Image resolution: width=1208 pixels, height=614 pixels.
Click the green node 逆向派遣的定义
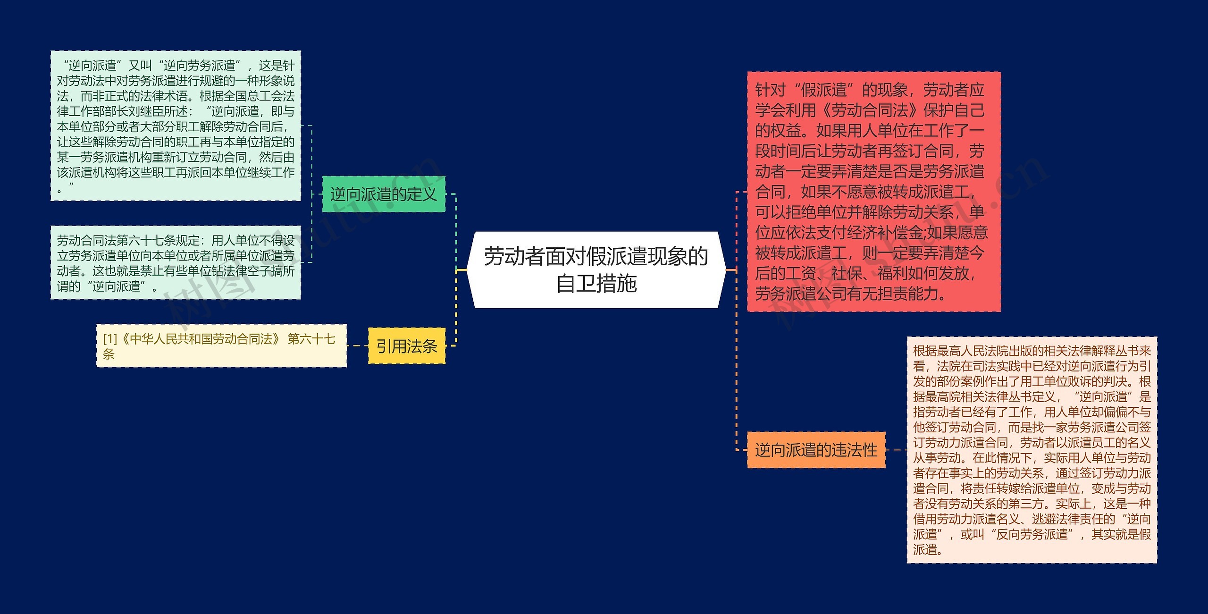pyautogui.click(x=383, y=194)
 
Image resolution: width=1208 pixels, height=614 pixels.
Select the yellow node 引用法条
pyautogui.click(x=406, y=346)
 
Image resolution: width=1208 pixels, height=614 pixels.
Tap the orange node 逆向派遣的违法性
pyautogui.click(x=816, y=450)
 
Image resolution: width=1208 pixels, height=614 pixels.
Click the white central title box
pyautogui.click(x=596, y=269)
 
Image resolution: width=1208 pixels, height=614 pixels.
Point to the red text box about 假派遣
pyautogui.click(x=873, y=191)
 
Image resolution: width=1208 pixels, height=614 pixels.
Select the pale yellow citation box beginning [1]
pyautogui.click(x=221, y=346)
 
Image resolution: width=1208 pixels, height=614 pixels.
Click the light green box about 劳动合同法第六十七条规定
pyautogui.click(x=176, y=263)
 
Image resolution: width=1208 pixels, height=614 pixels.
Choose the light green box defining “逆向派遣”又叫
pyautogui.click(x=176, y=126)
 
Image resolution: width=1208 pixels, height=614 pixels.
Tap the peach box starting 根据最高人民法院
pyautogui.click(x=1032, y=450)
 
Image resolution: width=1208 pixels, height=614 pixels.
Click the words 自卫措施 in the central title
pyautogui.click(x=596, y=284)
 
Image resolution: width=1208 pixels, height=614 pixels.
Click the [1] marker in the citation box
pyautogui.click(x=109, y=339)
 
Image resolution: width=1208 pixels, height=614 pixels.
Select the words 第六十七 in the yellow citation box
pyautogui.click(x=311, y=339)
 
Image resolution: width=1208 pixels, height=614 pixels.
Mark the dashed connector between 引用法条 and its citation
pyautogui.click(x=357, y=346)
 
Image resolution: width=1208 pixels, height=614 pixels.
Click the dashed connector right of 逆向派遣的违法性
pyautogui.click(x=896, y=450)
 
